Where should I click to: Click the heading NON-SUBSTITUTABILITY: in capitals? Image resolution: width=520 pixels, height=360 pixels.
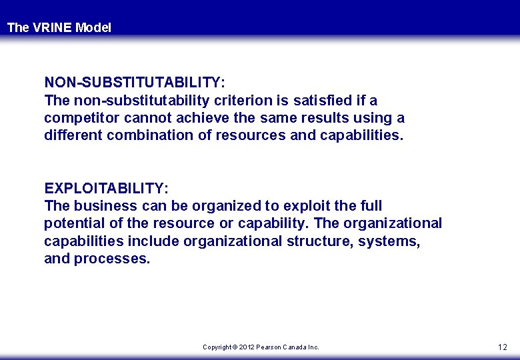click(135, 83)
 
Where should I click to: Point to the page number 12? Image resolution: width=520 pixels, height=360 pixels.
click(502, 347)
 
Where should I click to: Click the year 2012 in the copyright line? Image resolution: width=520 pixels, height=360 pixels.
click(247, 347)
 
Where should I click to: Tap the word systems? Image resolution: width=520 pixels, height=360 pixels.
click(389, 241)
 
